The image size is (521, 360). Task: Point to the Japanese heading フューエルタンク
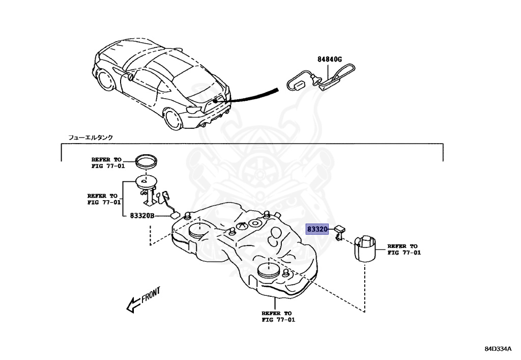point(91,137)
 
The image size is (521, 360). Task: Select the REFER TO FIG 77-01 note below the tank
point(278,317)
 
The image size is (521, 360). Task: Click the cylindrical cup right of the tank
point(366,248)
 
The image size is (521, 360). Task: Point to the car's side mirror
point(131,77)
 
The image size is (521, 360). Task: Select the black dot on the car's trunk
point(216,101)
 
